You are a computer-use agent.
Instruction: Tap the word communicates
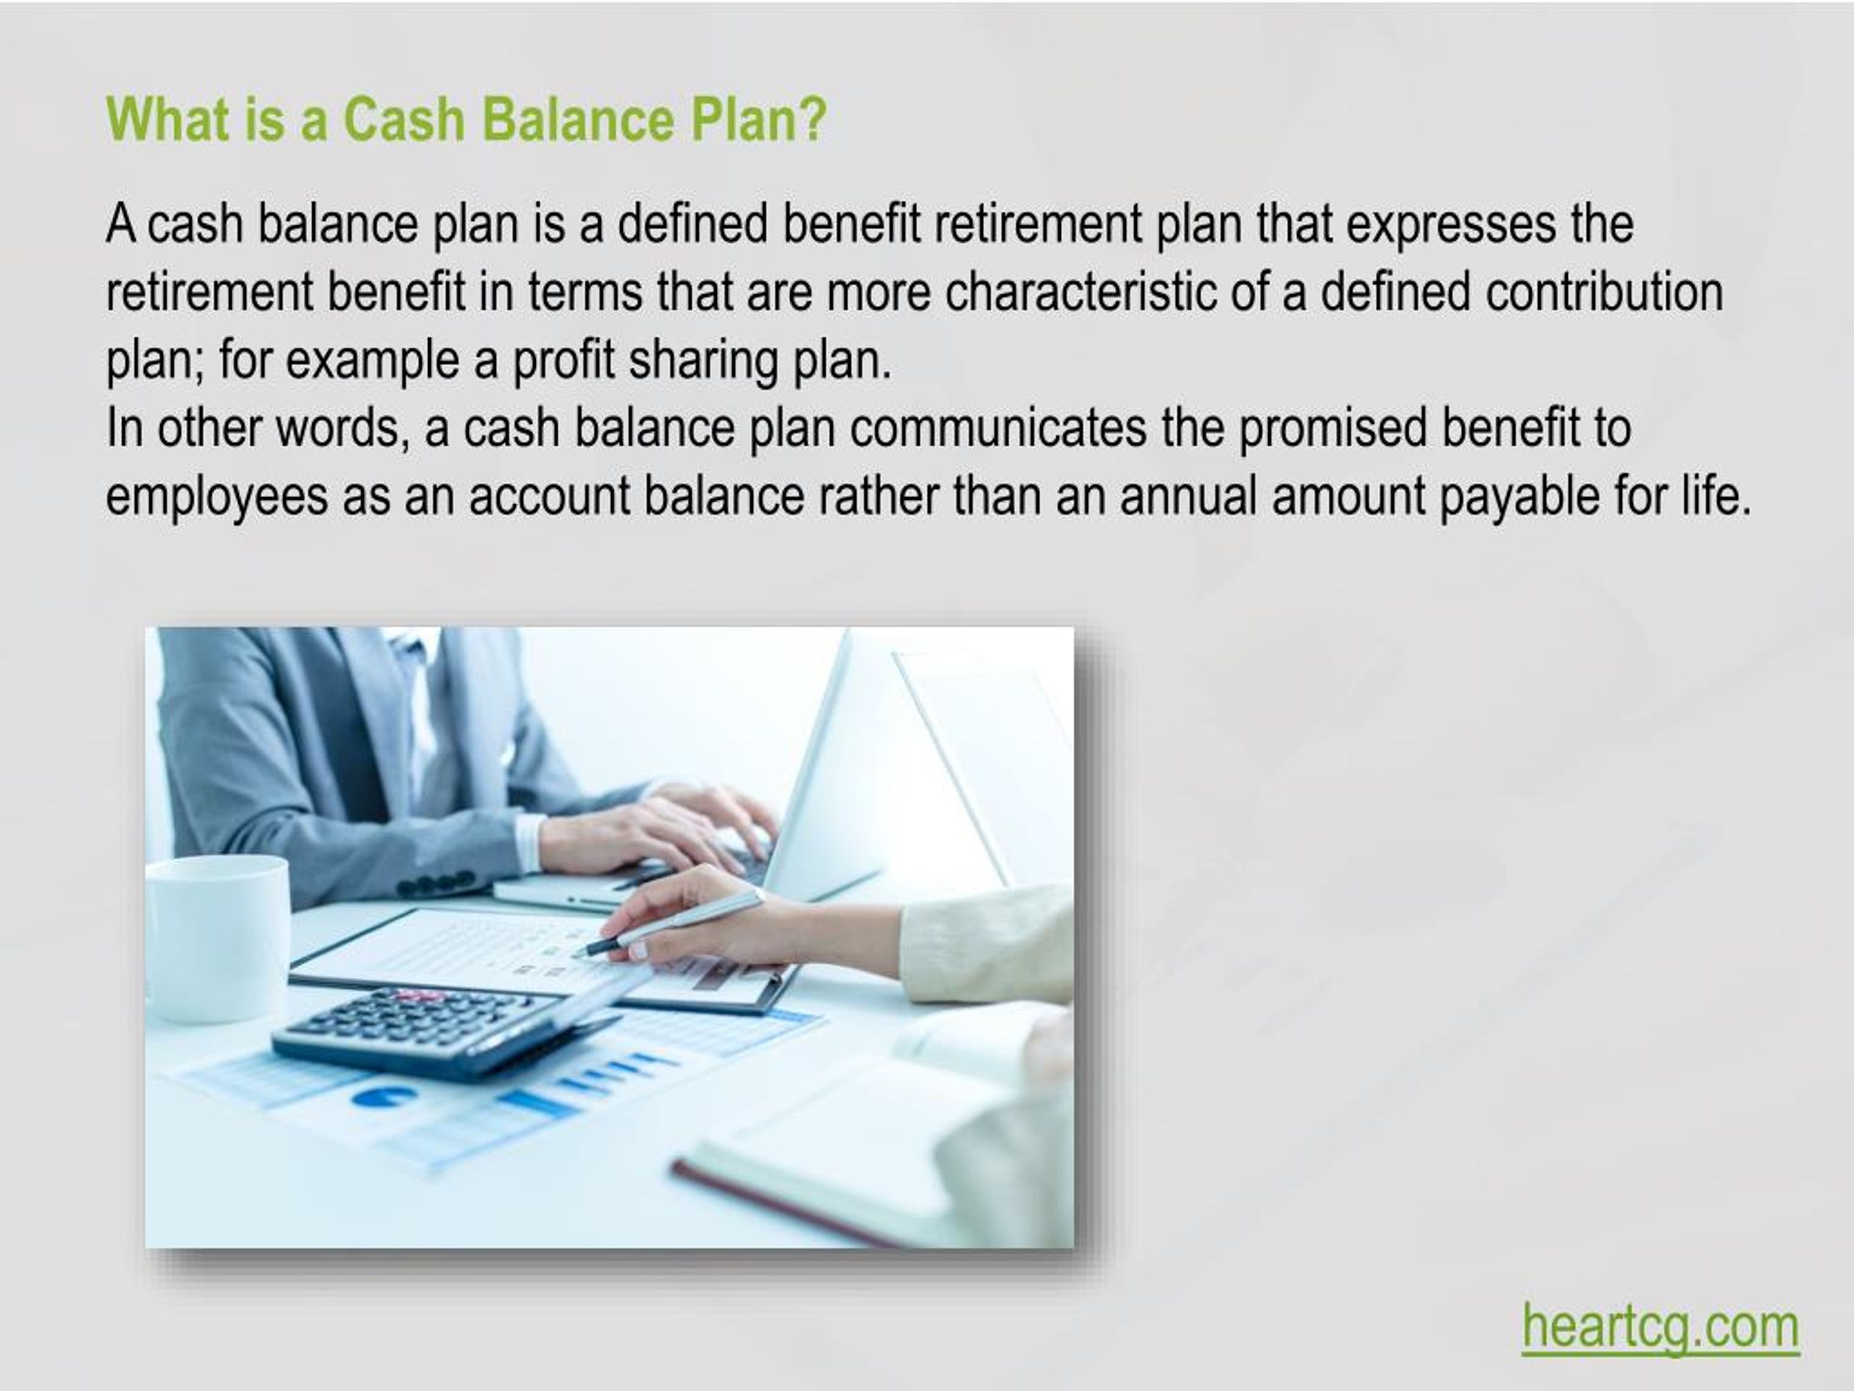click(997, 428)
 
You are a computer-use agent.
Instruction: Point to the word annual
click(1188, 496)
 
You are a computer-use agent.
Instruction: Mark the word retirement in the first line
click(1038, 225)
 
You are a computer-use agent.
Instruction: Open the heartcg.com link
click(1660, 1327)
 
